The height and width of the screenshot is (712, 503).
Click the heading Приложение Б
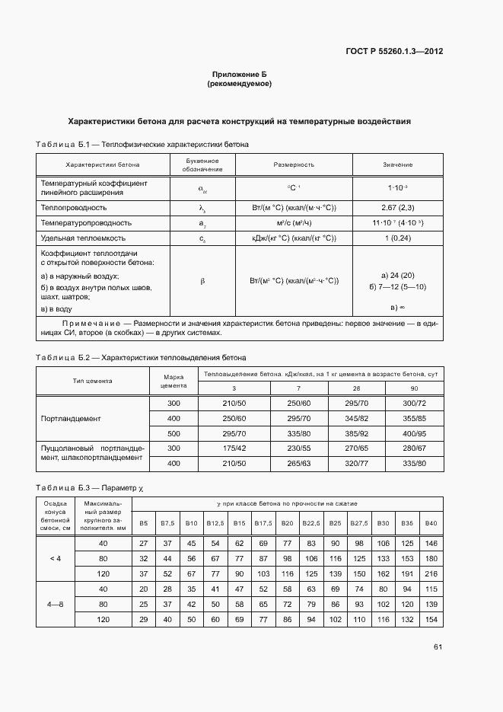239,75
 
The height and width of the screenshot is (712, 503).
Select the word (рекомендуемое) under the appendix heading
239,84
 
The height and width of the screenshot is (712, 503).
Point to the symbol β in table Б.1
202,281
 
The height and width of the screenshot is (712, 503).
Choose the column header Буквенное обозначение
202,164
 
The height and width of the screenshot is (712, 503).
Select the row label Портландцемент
71,419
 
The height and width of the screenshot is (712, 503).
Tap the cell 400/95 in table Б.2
414,433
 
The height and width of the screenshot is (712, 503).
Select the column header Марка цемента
174,381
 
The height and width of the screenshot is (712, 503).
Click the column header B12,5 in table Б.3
215,523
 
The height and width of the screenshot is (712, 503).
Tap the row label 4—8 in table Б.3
56,604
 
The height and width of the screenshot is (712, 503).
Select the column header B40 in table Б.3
431,523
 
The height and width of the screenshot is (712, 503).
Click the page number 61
438,647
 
